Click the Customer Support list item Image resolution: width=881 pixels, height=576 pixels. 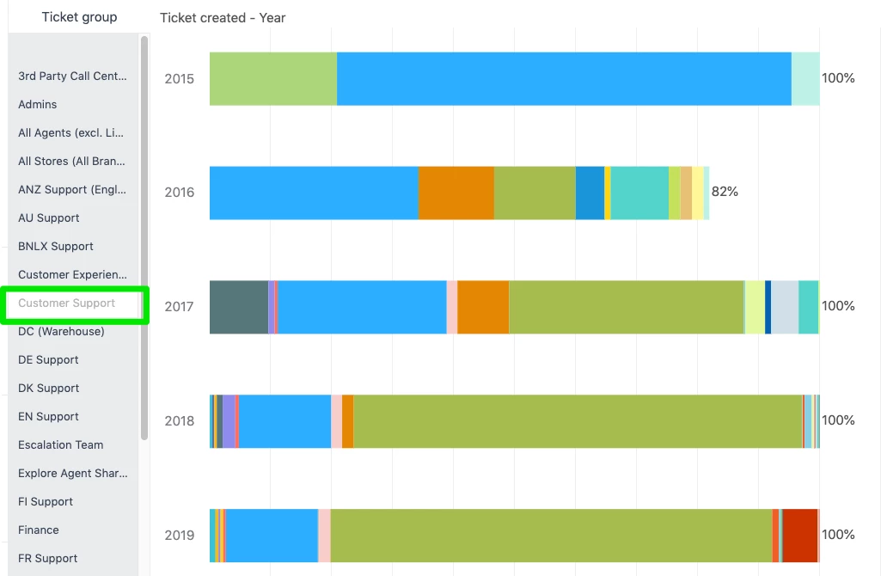[67, 303]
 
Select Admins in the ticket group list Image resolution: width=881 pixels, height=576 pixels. [38, 105]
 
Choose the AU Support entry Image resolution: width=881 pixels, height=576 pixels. [49, 218]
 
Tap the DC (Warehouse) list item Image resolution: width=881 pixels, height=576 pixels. [61, 332]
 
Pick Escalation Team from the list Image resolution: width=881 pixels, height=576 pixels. [61, 445]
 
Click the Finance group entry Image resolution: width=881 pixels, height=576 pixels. [39, 530]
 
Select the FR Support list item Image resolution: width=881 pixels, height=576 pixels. [48, 559]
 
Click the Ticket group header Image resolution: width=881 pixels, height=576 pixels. [79, 17]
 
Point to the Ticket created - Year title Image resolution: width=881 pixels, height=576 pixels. [223, 18]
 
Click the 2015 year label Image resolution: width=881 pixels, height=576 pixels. [180, 79]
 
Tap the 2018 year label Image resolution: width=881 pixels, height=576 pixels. [180, 421]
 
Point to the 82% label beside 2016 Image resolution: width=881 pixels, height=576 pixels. [725, 192]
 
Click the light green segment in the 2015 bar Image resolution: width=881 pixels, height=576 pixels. [273, 79]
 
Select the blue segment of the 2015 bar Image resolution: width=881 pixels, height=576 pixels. [564, 79]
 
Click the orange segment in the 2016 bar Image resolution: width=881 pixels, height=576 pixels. [456, 193]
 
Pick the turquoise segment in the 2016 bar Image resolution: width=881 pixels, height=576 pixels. [639, 193]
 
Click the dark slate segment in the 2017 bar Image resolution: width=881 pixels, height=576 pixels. [239, 307]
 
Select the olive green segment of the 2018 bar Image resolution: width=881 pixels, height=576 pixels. [578, 421]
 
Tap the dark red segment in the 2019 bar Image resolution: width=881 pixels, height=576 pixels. [800, 535]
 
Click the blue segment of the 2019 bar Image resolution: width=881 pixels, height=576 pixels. [272, 535]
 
